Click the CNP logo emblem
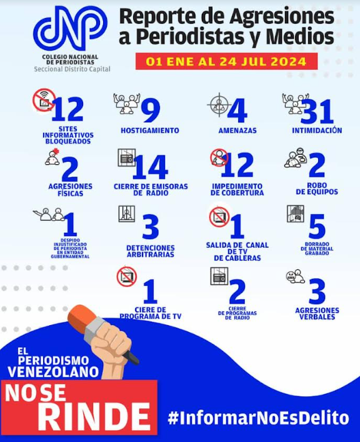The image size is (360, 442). pyautogui.click(x=70, y=28)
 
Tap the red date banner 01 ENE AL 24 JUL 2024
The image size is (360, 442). pyautogui.click(x=226, y=61)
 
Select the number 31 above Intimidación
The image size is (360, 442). pyautogui.click(x=317, y=112)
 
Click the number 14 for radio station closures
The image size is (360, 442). pyautogui.click(x=151, y=167)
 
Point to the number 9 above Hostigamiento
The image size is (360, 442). pyautogui.click(x=151, y=110)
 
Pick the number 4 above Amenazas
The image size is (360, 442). pyautogui.click(x=237, y=110)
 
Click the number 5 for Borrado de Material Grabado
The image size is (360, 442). pyautogui.click(x=317, y=227)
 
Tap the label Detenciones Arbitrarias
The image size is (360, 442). pyautogui.click(x=151, y=251)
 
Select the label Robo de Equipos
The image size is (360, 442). pyautogui.click(x=317, y=189)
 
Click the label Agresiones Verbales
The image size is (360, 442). pyautogui.click(x=317, y=313)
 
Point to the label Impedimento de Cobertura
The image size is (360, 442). pyautogui.click(x=237, y=189)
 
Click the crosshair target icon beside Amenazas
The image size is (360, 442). pyautogui.click(x=219, y=105)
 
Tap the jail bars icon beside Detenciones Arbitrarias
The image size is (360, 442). pyautogui.click(x=127, y=214)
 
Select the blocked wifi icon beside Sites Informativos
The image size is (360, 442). pyautogui.click(x=44, y=100)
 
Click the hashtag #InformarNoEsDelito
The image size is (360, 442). pyautogui.click(x=258, y=418)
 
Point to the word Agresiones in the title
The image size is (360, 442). pyautogui.click(x=281, y=16)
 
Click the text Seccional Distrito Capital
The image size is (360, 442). pyautogui.click(x=72, y=69)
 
